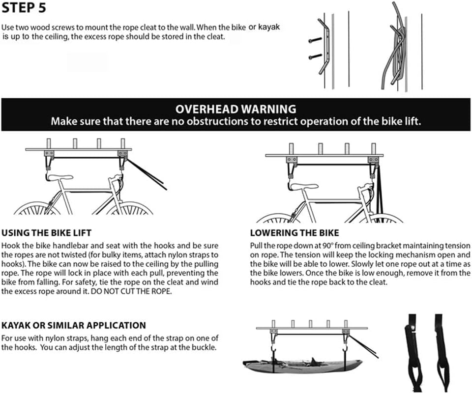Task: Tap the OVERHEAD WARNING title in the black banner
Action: pyautogui.click(x=236, y=109)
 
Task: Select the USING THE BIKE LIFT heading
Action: pyautogui.click(x=46, y=233)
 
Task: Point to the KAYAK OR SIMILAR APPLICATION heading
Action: pyautogui.click(x=74, y=326)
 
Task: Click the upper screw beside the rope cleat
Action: pyautogui.click(x=315, y=39)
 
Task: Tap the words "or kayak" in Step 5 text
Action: pyautogui.click(x=264, y=28)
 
